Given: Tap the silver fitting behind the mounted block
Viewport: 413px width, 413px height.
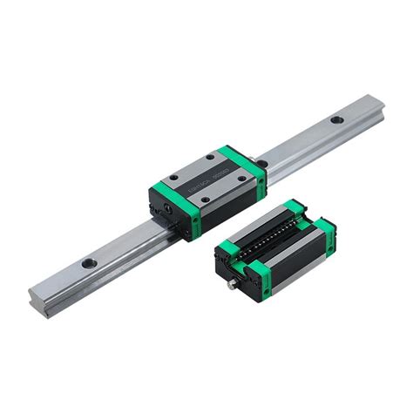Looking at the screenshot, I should [x=252, y=161].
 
